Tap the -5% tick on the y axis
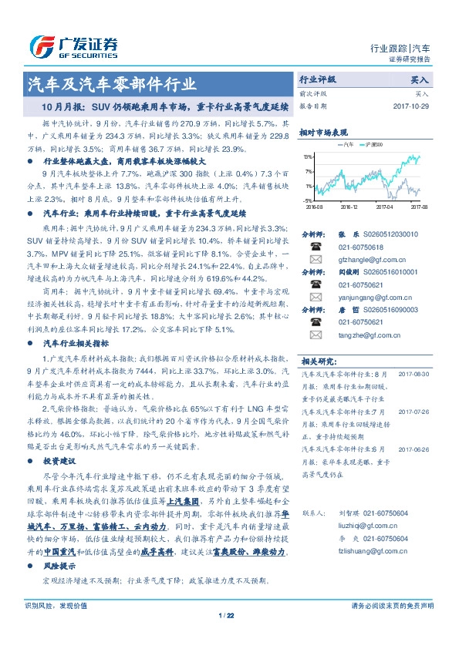pyautogui.click(x=308, y=200)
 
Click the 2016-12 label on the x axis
pyautogui.click(x=349, y=207)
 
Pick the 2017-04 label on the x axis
pyautogui.click(x=384, y=207)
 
